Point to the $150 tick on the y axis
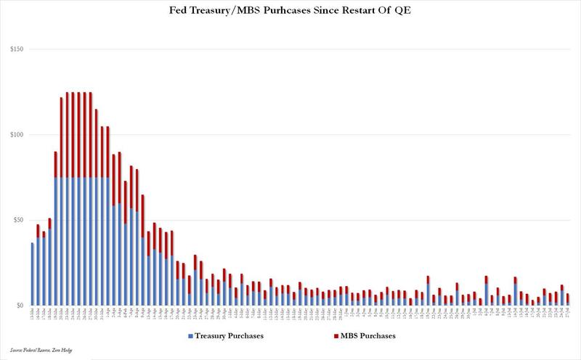coord(17,49)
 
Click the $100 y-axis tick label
coord(17,135)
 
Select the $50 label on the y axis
coord(18,220)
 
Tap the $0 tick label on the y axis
coord(20,306)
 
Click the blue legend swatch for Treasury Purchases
coord(190,337)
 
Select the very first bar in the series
coord(32,274)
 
